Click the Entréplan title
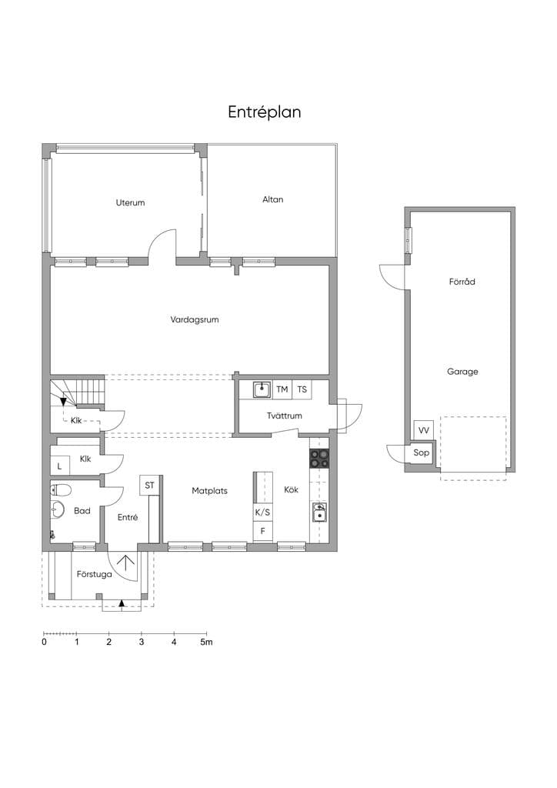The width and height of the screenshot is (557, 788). click(264, 112)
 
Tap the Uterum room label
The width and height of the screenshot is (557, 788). click(130, 202)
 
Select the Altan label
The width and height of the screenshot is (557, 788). click(272, 199)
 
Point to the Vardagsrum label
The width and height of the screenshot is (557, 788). click(195, 319)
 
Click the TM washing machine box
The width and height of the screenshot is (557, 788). click(282, 389)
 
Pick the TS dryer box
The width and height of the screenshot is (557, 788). click(302, 389)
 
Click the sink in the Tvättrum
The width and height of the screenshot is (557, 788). click(262, 389)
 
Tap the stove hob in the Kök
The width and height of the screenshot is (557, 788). click(319, 459)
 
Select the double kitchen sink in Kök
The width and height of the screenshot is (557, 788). click(319, 512)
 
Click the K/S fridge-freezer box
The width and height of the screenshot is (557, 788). click(262, 513)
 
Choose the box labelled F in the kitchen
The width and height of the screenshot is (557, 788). click(262, 531)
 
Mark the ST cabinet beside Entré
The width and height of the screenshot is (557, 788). click(149, 486)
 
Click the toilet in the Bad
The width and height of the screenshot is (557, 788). click(61, 489)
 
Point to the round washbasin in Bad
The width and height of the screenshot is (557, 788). click(58, 509)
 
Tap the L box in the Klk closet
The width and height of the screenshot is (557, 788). click(59, 466)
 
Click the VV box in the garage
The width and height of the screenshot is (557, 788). click(423, 431)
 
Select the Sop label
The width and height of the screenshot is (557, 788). click(421, 452)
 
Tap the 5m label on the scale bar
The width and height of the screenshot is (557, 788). click(206, 643)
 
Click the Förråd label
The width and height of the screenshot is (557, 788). click(462, 282)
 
